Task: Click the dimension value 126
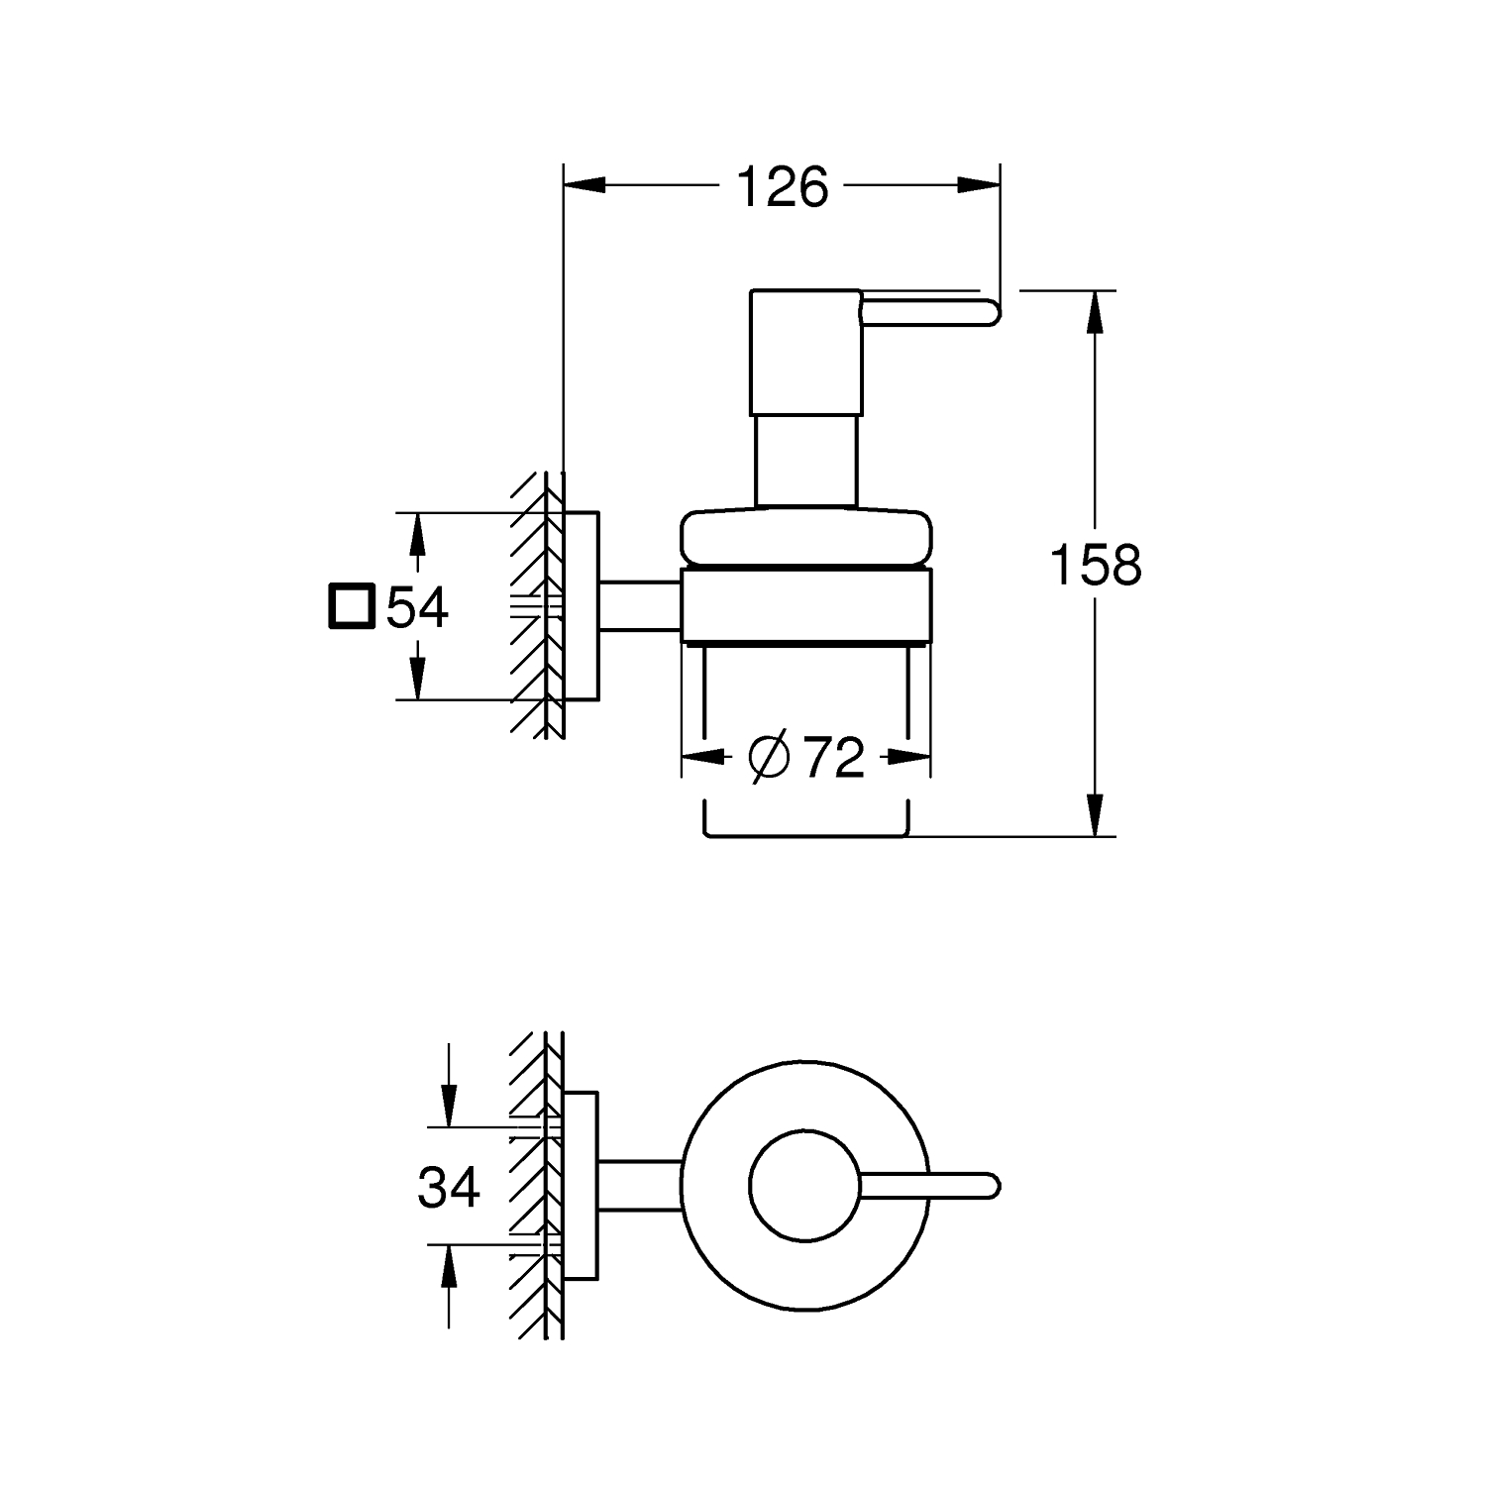[783, 187]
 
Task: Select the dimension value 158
[1095, 566]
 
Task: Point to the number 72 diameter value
[834, 758]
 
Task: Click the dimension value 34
[449, 1186]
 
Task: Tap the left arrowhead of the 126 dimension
[584, 185]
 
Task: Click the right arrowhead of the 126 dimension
[979, 185]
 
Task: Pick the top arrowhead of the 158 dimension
[1095, 312]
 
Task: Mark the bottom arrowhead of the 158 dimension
[1095, 815]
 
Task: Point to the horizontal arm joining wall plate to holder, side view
[640, 606]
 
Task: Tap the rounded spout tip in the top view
[993, 1186]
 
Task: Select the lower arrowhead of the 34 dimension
[449, 1266]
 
